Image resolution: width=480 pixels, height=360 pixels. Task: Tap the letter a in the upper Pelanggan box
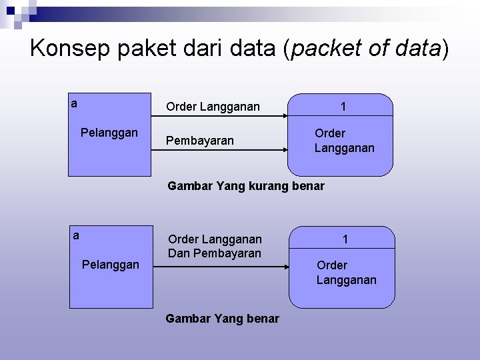pyautogui.click(x=75, y=103)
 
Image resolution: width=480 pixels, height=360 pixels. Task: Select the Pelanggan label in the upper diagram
pyautogui.click(x=109, y=132)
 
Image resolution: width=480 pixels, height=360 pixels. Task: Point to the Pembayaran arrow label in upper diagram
pyautogui.click(x=200, y=141)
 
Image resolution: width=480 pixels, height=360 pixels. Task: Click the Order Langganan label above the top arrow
pyautogui.click(x=213, y=106)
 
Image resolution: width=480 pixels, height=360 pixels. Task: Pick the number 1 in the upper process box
pyautogui.click(x=343, y=107)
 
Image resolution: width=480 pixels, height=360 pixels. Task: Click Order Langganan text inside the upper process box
pyautogui.click(x=344, y=140)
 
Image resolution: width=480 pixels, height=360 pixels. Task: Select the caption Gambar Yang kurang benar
pyautogui.click(x=246, y=186)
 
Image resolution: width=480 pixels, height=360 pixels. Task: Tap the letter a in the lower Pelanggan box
pyautogui.click(x=76, y=235)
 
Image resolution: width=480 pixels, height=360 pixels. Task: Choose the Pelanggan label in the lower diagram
pyautogui.click(x=110, y=265)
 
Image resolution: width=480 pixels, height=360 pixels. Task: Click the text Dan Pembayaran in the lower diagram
pyautogui.click(x=215, y=253)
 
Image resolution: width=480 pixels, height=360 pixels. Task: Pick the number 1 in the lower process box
pyautogui.click(x=345, y=239)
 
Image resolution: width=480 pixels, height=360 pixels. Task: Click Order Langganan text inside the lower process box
pyautogui.click(x=346, y=273)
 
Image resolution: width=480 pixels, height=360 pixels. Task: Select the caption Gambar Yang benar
pyautogui.click(x=222, y=319)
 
